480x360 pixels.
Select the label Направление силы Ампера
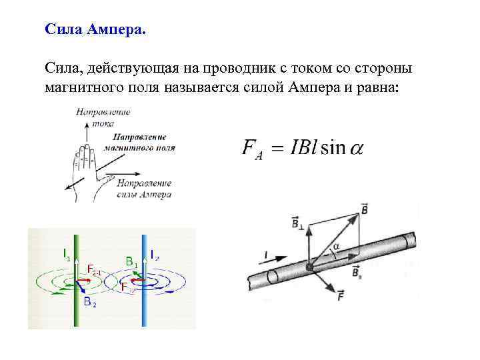144,189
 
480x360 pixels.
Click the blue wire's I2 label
153,254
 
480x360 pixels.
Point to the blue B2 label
90,303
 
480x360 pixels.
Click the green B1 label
131,262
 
